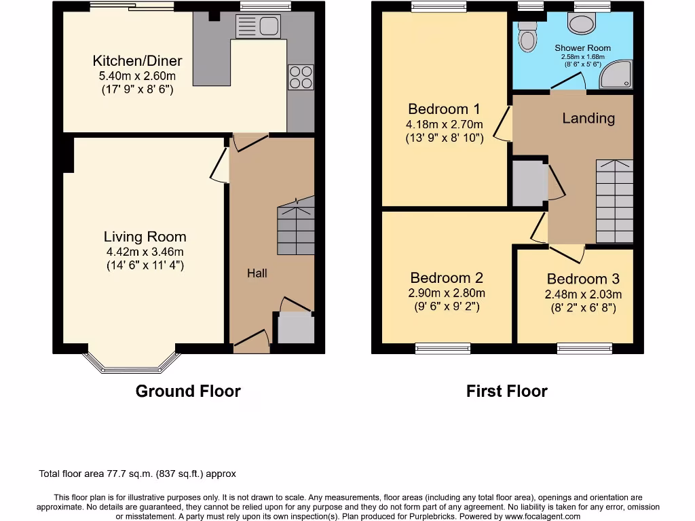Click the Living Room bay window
132,362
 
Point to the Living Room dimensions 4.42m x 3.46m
145,252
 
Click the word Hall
257,273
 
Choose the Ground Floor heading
188,391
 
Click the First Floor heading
506,391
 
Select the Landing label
588,118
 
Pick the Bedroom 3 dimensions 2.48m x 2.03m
583,294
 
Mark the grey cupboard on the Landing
529,183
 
